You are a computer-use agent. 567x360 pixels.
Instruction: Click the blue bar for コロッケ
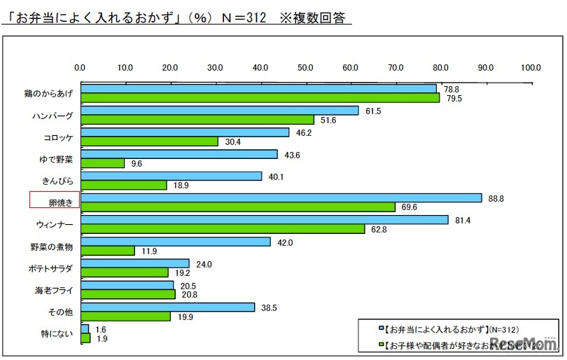coord(185,132)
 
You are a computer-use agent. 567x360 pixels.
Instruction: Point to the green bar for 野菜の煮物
coord(108,251)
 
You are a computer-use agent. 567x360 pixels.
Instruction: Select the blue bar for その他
coord(167,307)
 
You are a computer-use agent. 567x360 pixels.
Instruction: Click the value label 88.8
coord(496,198)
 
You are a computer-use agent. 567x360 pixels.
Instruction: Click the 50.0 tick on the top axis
coord(305,67)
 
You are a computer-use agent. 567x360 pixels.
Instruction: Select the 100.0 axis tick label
coord(531,67)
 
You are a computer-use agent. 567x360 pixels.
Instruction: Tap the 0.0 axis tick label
coord(80,67)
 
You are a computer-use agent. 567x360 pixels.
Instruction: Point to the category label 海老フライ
coord(55,289)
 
